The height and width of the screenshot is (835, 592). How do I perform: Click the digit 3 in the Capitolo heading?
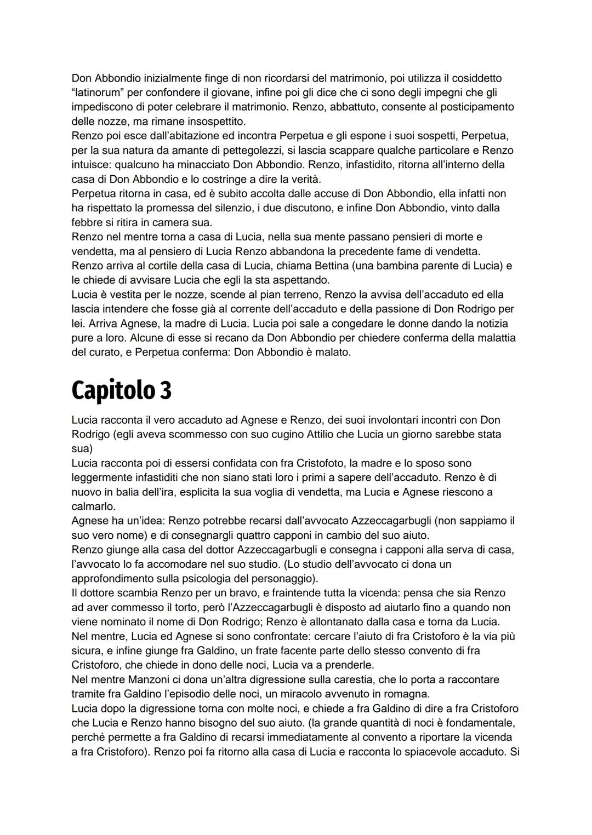click(x=165, y=390)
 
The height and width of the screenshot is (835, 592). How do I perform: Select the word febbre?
click(x=87, y=223)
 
